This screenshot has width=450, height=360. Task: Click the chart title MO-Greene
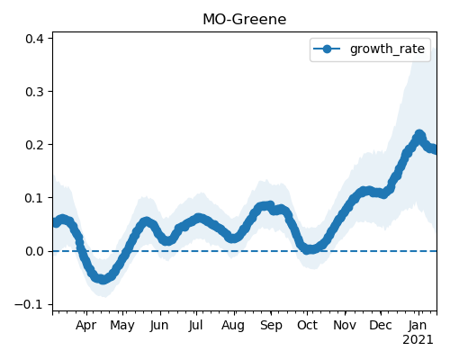(x=245, y=20)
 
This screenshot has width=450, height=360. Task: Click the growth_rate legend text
(x=387, y=49)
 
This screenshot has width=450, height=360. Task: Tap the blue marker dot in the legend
(x=327, y=49)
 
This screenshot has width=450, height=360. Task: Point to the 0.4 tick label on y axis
(x=36, y=39)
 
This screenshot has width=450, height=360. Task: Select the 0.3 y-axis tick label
(x=36, y=92)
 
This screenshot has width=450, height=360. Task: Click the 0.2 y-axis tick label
(x=36, y=145)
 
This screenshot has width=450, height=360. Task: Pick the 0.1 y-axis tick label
(x=36, y=198)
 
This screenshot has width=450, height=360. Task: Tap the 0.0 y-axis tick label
(x=36, y=251)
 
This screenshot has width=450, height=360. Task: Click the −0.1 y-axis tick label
(x=31, y=304)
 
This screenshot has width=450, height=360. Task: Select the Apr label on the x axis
(x=86, y=326)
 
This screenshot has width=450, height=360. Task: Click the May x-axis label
(x=122, y=326)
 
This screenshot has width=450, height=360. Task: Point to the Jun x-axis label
(x=159, y=326)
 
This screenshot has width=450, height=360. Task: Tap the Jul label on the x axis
(x=196, y=326)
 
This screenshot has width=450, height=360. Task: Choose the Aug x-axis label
(x=233, y=326)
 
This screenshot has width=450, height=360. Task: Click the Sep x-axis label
(x=271, y=326)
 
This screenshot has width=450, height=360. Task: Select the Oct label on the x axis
(x=307, y=326)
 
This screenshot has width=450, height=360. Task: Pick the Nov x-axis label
(x=345, y=326)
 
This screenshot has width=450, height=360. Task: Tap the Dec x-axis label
(x=381, y=326)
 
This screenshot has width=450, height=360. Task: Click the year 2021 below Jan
(x=418, y=340)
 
